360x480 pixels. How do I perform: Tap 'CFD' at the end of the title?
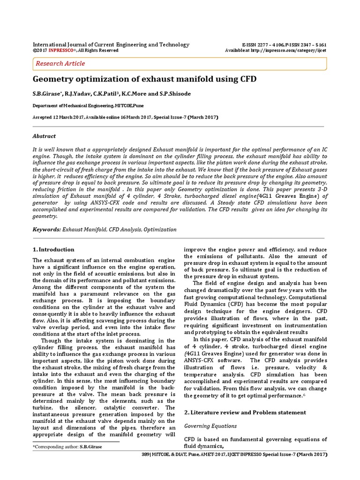(247, 79)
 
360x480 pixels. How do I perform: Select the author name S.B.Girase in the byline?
(47, 94)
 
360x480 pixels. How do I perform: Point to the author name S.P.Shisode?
(175, 94)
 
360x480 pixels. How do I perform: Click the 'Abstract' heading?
(44, 136)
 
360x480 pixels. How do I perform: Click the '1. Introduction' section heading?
(53, 249)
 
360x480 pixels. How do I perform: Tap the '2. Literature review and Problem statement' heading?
(245, 412)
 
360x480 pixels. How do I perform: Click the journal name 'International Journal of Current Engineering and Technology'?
(111, 45)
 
